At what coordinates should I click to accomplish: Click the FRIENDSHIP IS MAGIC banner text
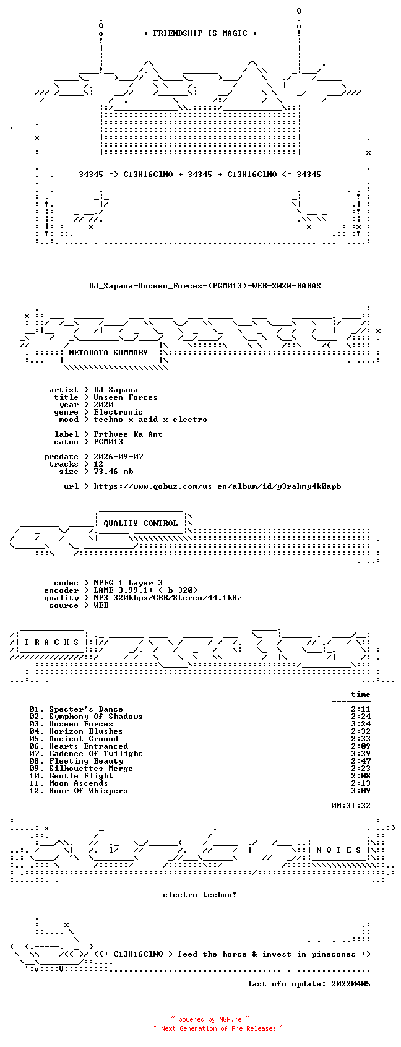click(200, 33)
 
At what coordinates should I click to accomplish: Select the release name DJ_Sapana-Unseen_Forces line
click(205, 286)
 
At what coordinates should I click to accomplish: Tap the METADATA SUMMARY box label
click(108, 353)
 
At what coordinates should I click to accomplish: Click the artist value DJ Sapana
click(116, 390)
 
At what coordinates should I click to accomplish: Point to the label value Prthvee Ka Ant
click(128, 434)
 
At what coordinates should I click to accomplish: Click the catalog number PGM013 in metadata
click(108, 442)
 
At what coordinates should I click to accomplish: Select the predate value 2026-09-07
click(118, 457)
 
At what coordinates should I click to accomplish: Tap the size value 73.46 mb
click(114, 472)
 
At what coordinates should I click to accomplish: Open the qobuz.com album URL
click(217, 486)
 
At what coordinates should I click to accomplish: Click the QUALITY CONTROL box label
click(140, 523)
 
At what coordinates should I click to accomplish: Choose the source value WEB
click(101, 605)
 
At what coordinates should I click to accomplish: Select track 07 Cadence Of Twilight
click(86, 754)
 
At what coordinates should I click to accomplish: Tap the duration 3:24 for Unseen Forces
click(361, 724)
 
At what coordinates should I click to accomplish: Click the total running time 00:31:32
click(350, 806)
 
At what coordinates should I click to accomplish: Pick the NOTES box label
click(339, 850)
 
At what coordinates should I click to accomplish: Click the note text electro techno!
click(199, 895)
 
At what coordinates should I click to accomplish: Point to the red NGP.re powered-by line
click(210, 1019)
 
